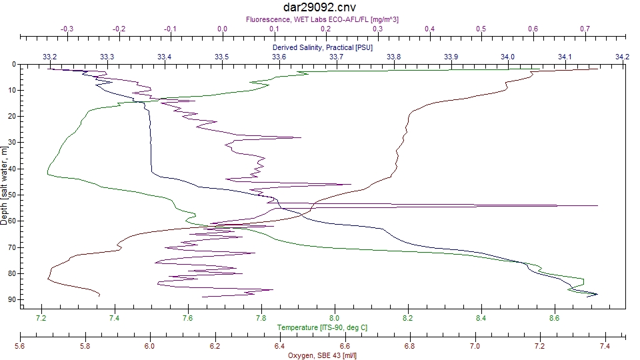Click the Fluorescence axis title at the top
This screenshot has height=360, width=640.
(x=323, y=20)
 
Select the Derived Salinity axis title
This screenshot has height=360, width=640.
(x=323, y=48)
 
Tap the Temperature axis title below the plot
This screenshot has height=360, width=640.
(x=323, y=327)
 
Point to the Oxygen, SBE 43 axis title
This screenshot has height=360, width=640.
(x=323, y=355)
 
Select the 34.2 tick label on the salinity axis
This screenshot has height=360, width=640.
(x=623, y=57)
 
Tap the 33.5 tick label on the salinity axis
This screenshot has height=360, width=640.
(x=222, y=57)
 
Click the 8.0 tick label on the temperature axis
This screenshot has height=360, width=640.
(x=335, y=318)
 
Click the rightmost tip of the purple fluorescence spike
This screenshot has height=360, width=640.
(x=597, y=205)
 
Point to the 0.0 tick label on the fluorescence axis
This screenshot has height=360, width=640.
(x=222, y=29)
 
